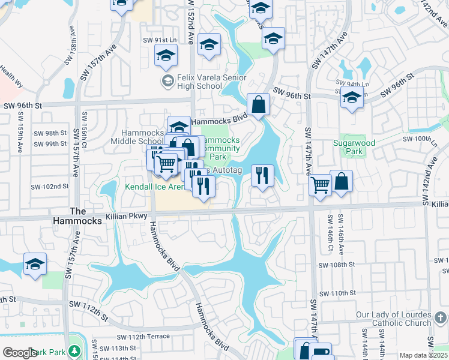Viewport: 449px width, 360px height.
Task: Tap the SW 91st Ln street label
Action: tap(158, 40)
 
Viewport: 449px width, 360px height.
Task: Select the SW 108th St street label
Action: tap(337, 265)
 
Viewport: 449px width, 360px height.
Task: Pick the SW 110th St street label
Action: tap(337, 293)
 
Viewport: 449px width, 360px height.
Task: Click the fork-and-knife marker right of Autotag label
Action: tap(262, 175)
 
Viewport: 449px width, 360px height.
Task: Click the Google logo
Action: tap(19, 353)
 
